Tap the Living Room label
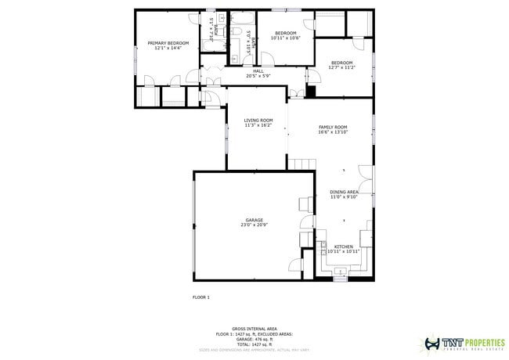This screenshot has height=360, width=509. click(258, 120)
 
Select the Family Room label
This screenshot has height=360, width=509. click(333, 126)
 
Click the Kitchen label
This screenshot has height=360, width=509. click(342, 246)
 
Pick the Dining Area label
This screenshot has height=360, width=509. click(344, 192)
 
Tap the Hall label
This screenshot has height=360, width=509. click(258, 70)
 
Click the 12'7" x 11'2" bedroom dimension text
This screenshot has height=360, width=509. click(341, 68)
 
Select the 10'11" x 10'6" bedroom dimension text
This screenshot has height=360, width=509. click(286, 38)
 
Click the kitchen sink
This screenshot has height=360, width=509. click(341, 272)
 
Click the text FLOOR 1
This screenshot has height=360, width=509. click(201, 297)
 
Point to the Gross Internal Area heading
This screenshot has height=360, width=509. click(254, 329)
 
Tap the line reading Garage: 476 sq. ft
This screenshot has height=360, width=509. click(254, 340)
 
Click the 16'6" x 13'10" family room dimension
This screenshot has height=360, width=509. click(333, 132)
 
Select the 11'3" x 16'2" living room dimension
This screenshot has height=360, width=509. click(258, 125)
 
